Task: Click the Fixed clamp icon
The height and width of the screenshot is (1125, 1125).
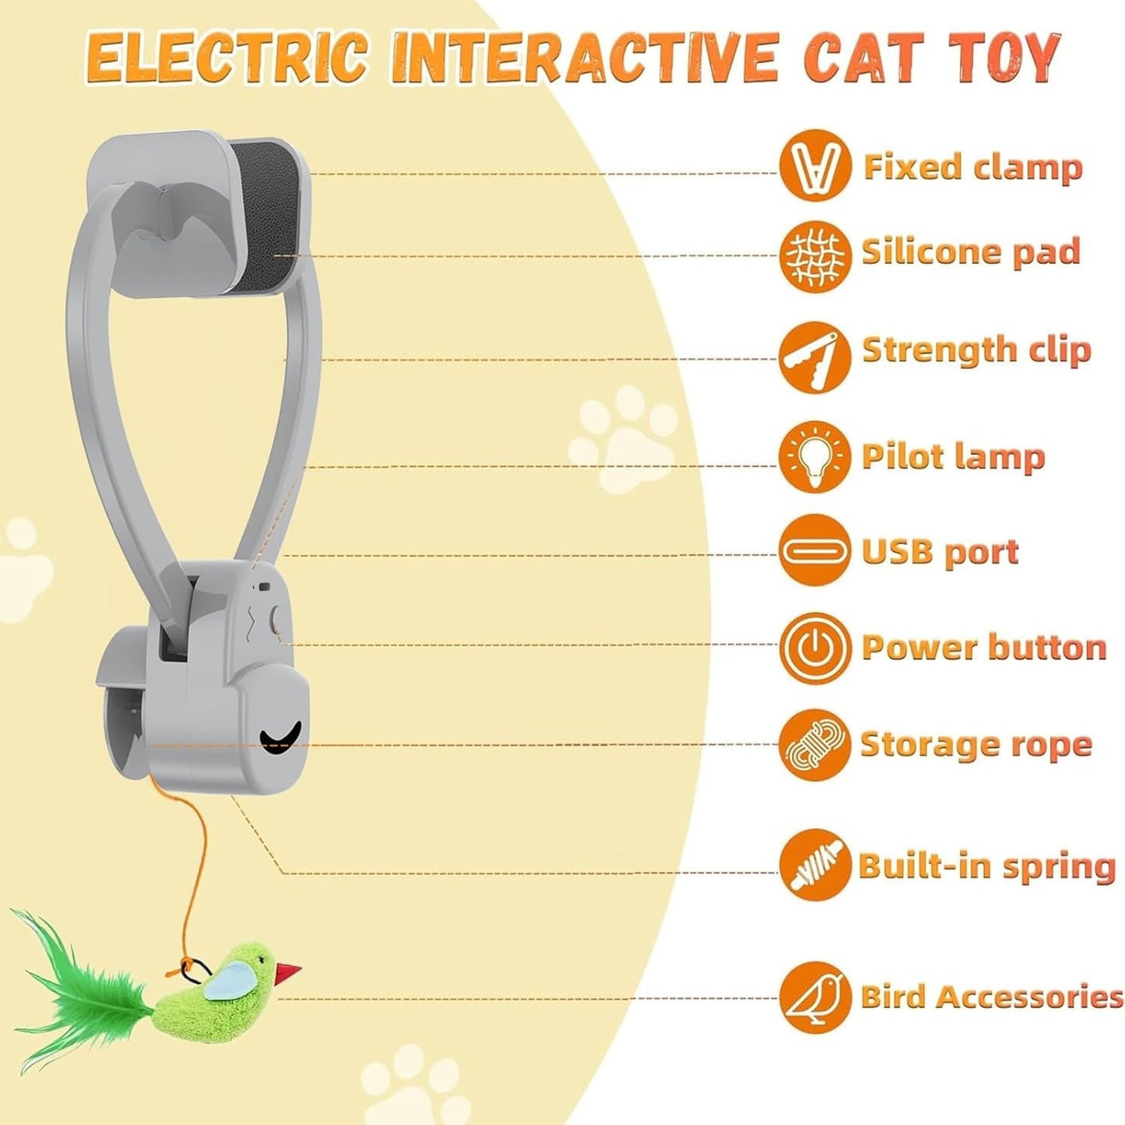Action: coord(814,166)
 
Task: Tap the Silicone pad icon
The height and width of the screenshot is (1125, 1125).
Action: coord(814,255)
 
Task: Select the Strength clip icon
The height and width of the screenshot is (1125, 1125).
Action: coord(814,357)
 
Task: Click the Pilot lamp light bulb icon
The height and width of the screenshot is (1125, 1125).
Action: coord(814,457)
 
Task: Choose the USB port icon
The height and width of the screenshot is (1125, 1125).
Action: coord(814,551)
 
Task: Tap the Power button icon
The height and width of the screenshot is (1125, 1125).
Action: coord(814,648)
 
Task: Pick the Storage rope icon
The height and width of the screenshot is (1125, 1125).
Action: coord(814,745)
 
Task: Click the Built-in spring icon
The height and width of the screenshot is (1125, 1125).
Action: coord(814,865)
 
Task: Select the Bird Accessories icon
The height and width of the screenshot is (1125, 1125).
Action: coord(814,997)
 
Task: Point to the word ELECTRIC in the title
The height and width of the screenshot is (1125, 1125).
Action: coord(226,58)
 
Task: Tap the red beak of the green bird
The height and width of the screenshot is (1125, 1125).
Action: coord(288,972)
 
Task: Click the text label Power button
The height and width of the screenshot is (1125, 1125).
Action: coord(983,648)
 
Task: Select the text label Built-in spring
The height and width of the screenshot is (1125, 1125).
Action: coord(986,866)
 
